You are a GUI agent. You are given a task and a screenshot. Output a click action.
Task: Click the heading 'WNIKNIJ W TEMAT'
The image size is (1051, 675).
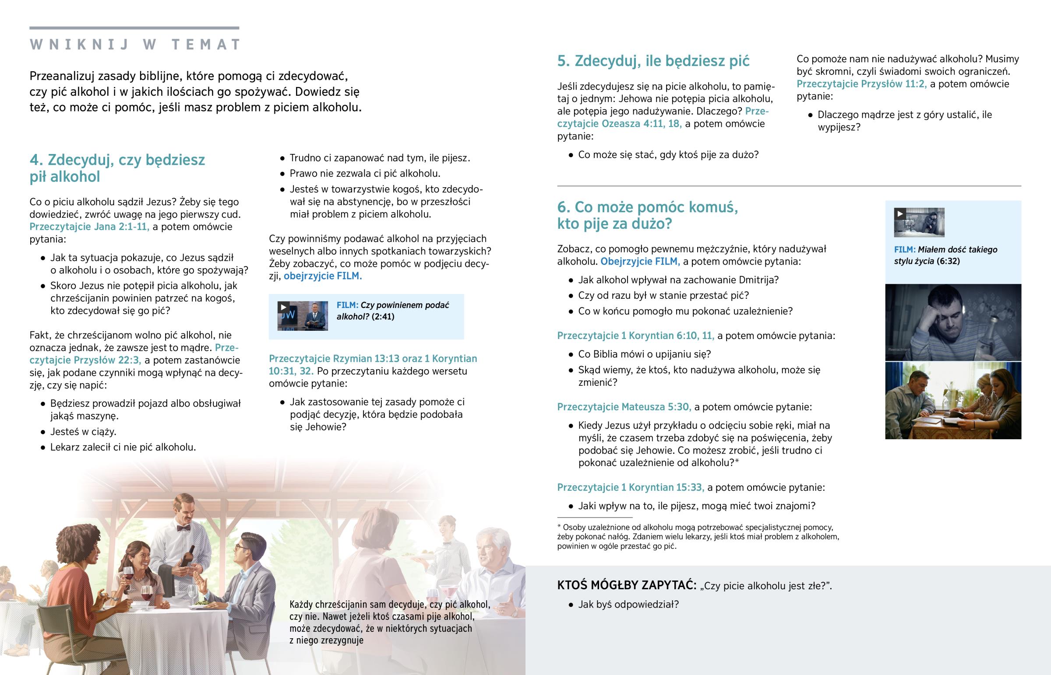tap(135, 45)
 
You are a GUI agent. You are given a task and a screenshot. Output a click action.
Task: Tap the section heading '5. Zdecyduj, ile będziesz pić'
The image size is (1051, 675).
tap(653, 61)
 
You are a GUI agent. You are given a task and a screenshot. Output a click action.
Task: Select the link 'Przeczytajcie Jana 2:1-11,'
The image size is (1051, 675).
tap(89, 227)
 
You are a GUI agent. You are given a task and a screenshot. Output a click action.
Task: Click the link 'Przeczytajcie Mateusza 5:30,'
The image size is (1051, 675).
tap(624, 407)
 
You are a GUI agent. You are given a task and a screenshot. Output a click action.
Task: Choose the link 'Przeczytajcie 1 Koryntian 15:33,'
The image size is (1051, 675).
tap(630, 487)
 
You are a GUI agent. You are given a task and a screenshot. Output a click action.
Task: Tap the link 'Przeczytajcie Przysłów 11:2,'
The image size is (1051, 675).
tap(861, 84)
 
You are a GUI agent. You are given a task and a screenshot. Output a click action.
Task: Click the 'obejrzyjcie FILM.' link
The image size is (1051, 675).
tap(322, 276)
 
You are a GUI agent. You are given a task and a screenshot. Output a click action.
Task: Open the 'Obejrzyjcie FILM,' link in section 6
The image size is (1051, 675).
tap(640, 261)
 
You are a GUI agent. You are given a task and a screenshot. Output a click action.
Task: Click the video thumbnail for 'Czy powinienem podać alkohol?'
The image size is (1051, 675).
tap(302, 315)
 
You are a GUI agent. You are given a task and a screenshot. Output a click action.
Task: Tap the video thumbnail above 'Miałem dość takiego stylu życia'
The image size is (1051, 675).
tap(919, 222)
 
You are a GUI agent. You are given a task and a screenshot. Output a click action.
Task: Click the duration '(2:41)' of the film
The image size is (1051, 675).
tap(382, 316)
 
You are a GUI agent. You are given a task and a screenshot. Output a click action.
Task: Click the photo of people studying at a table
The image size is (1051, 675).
tap(953, 401)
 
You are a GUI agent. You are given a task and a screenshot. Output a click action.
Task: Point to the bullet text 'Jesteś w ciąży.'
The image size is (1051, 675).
tap(83, 432)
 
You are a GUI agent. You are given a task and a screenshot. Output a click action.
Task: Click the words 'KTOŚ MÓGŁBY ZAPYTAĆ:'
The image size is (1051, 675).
tap(626, 585)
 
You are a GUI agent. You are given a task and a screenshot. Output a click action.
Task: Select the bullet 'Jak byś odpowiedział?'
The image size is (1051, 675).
tap(628, 605)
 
